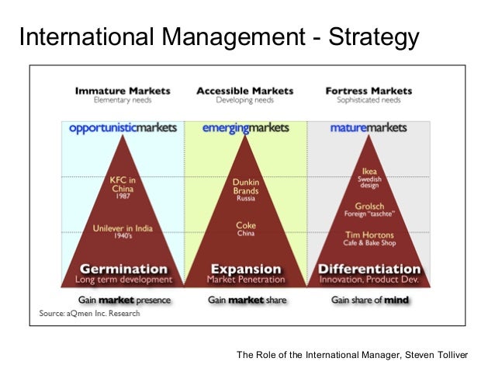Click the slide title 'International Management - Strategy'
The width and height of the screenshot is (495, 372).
(x=219, y=37)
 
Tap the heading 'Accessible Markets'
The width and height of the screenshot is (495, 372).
(x=244, y=91)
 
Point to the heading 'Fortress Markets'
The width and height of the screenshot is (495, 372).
(x=370, y=91)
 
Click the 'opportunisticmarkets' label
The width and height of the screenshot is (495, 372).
(x=123, y=127)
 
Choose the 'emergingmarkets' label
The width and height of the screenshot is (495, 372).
(x=245, y=127)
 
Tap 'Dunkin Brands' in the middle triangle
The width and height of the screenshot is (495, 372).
(x=245, y=186)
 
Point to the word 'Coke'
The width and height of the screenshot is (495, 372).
(x=245, y=225)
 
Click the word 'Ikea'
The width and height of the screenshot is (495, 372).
(x=369, y=172)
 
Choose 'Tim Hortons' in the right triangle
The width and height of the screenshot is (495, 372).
(x=369, y=235)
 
